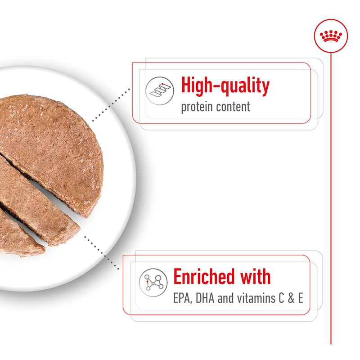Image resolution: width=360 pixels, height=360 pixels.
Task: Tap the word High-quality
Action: click(x=225, y=85)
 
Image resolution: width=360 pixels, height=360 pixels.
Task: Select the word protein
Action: click(x=197, y=108)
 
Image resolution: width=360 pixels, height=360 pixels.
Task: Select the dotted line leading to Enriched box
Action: click(x=101, y=252)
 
